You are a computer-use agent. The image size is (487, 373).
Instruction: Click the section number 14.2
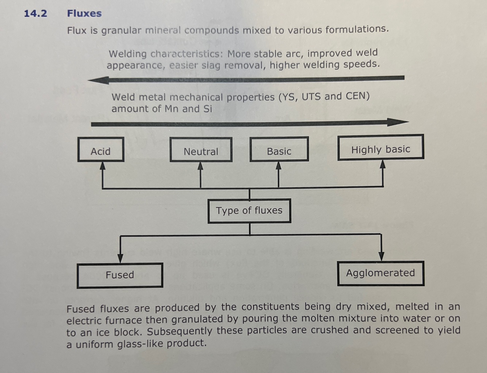point(35,14)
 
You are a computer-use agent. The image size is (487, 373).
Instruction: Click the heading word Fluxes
point(84,14)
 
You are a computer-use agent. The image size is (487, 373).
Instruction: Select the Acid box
point(101,150)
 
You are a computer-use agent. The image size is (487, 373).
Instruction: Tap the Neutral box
point(201,150)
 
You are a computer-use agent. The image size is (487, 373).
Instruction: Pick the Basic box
point(279,149)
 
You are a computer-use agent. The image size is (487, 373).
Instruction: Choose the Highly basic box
point(380,148)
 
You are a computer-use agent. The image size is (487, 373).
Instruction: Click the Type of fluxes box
point(249,211)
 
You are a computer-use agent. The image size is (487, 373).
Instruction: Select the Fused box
point(120,275)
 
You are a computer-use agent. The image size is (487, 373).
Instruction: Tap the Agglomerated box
point(380,273)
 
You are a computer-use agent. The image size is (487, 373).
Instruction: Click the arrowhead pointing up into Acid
point(103,166)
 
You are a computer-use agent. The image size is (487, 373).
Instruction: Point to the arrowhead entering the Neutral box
point(200,166)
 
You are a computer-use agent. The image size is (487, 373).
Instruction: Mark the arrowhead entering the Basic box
point(279,166)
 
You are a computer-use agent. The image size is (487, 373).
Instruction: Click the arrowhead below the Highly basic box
point(382,164)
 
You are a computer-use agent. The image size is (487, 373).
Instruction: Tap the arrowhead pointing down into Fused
point(120,258)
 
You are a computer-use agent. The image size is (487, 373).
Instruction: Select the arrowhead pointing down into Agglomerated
point(381,256)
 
